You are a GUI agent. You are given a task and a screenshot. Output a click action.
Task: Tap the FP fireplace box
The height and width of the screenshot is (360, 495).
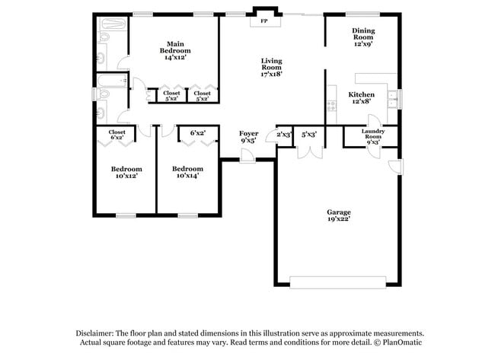pyautogui.click(x=264, y=21)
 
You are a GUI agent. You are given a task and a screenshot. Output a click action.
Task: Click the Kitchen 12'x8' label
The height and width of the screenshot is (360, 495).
pyautogui.click(x=361, y=97)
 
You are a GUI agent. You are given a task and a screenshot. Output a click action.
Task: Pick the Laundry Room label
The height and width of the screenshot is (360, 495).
pyautogui.click(x=372, y=135)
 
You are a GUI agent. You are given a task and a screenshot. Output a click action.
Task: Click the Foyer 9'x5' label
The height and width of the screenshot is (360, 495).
pyautogui.click(x=249, y=137)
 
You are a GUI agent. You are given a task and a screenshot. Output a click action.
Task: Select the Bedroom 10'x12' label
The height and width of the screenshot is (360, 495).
pyautogui.click(x=126, y=172)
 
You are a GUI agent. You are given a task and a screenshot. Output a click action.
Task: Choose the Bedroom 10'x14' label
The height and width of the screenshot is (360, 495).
pyautogui.click(x=187, y=172)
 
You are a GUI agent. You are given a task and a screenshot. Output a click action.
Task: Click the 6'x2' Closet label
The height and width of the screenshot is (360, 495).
pyautogui.click(x=117, y=135)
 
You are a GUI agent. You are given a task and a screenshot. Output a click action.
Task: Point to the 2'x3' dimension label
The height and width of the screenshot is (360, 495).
pyautogui.click(x=284, y=135)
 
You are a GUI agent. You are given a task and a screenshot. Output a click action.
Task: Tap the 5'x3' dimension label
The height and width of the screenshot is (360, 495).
pyautogui.click(x=309, y=135)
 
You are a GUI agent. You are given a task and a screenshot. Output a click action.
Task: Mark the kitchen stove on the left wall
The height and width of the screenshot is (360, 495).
pyautogui.click(x=331, y=107)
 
